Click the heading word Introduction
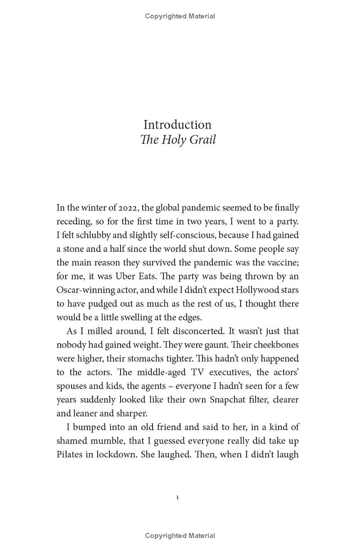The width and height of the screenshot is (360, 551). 177,125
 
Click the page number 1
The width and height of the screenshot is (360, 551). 178,497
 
